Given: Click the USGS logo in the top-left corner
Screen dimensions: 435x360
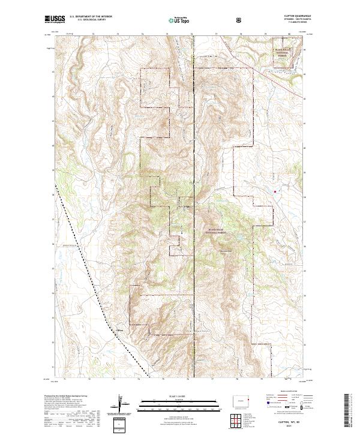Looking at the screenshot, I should (53, 20).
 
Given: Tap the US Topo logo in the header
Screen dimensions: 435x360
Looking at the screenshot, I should (180, 20).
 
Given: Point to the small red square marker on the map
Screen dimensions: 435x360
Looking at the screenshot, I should (275, 191).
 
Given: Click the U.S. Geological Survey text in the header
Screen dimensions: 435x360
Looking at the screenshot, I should (87, 20).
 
